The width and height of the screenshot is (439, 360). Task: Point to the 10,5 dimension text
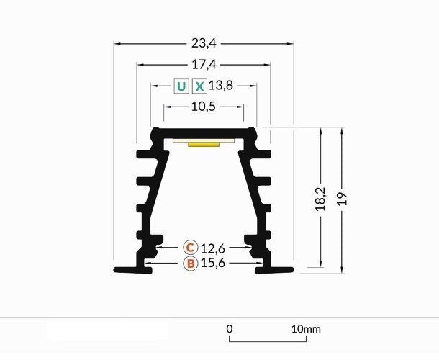click(x=204, y=107)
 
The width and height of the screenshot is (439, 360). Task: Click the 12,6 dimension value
click(x=214, y=248)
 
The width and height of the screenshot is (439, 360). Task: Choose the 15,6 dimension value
click(x=214, y=264)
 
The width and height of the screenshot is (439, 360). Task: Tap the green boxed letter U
click(x=181, y=86)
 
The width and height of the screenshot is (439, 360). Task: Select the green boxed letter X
click(x=200, y=86)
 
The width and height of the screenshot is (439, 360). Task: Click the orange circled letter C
click(x=190, y=248)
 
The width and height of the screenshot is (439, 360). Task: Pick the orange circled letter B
click(x=190, y=264)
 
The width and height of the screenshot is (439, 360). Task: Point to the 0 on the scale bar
click(x=230, y=329)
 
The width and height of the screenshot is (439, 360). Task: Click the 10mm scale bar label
click(x=305, y=329)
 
